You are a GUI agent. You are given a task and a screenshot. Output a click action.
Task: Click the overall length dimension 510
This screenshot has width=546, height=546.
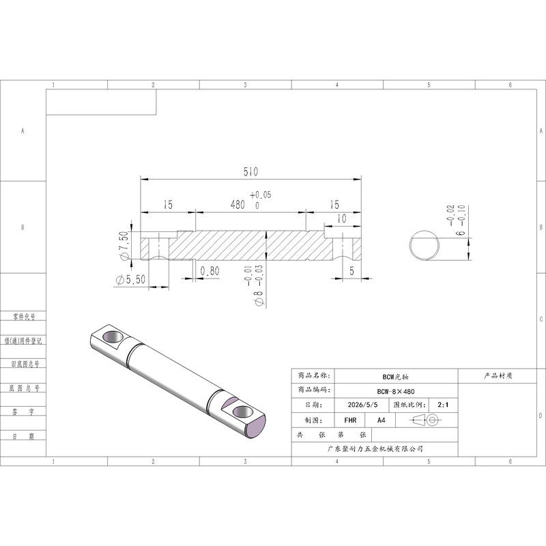point(250,172)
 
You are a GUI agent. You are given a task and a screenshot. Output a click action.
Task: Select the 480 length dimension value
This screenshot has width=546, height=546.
point(238,204)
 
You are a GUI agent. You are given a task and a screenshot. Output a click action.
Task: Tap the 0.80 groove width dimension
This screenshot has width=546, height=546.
point(210,270)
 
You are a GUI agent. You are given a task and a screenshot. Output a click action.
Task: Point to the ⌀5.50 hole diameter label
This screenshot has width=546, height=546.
point(130,279)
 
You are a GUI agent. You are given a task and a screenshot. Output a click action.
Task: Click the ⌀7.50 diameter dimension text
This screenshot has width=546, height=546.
point(124,246)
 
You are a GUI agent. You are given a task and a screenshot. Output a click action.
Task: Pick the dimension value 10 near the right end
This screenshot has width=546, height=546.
point(342,218)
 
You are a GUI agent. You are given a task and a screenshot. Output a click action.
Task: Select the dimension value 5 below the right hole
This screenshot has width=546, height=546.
point(351,270)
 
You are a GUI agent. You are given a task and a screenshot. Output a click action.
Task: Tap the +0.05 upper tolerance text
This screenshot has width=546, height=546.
point(261,195)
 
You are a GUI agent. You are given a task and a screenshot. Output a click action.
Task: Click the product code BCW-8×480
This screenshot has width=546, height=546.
point(396,391)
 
